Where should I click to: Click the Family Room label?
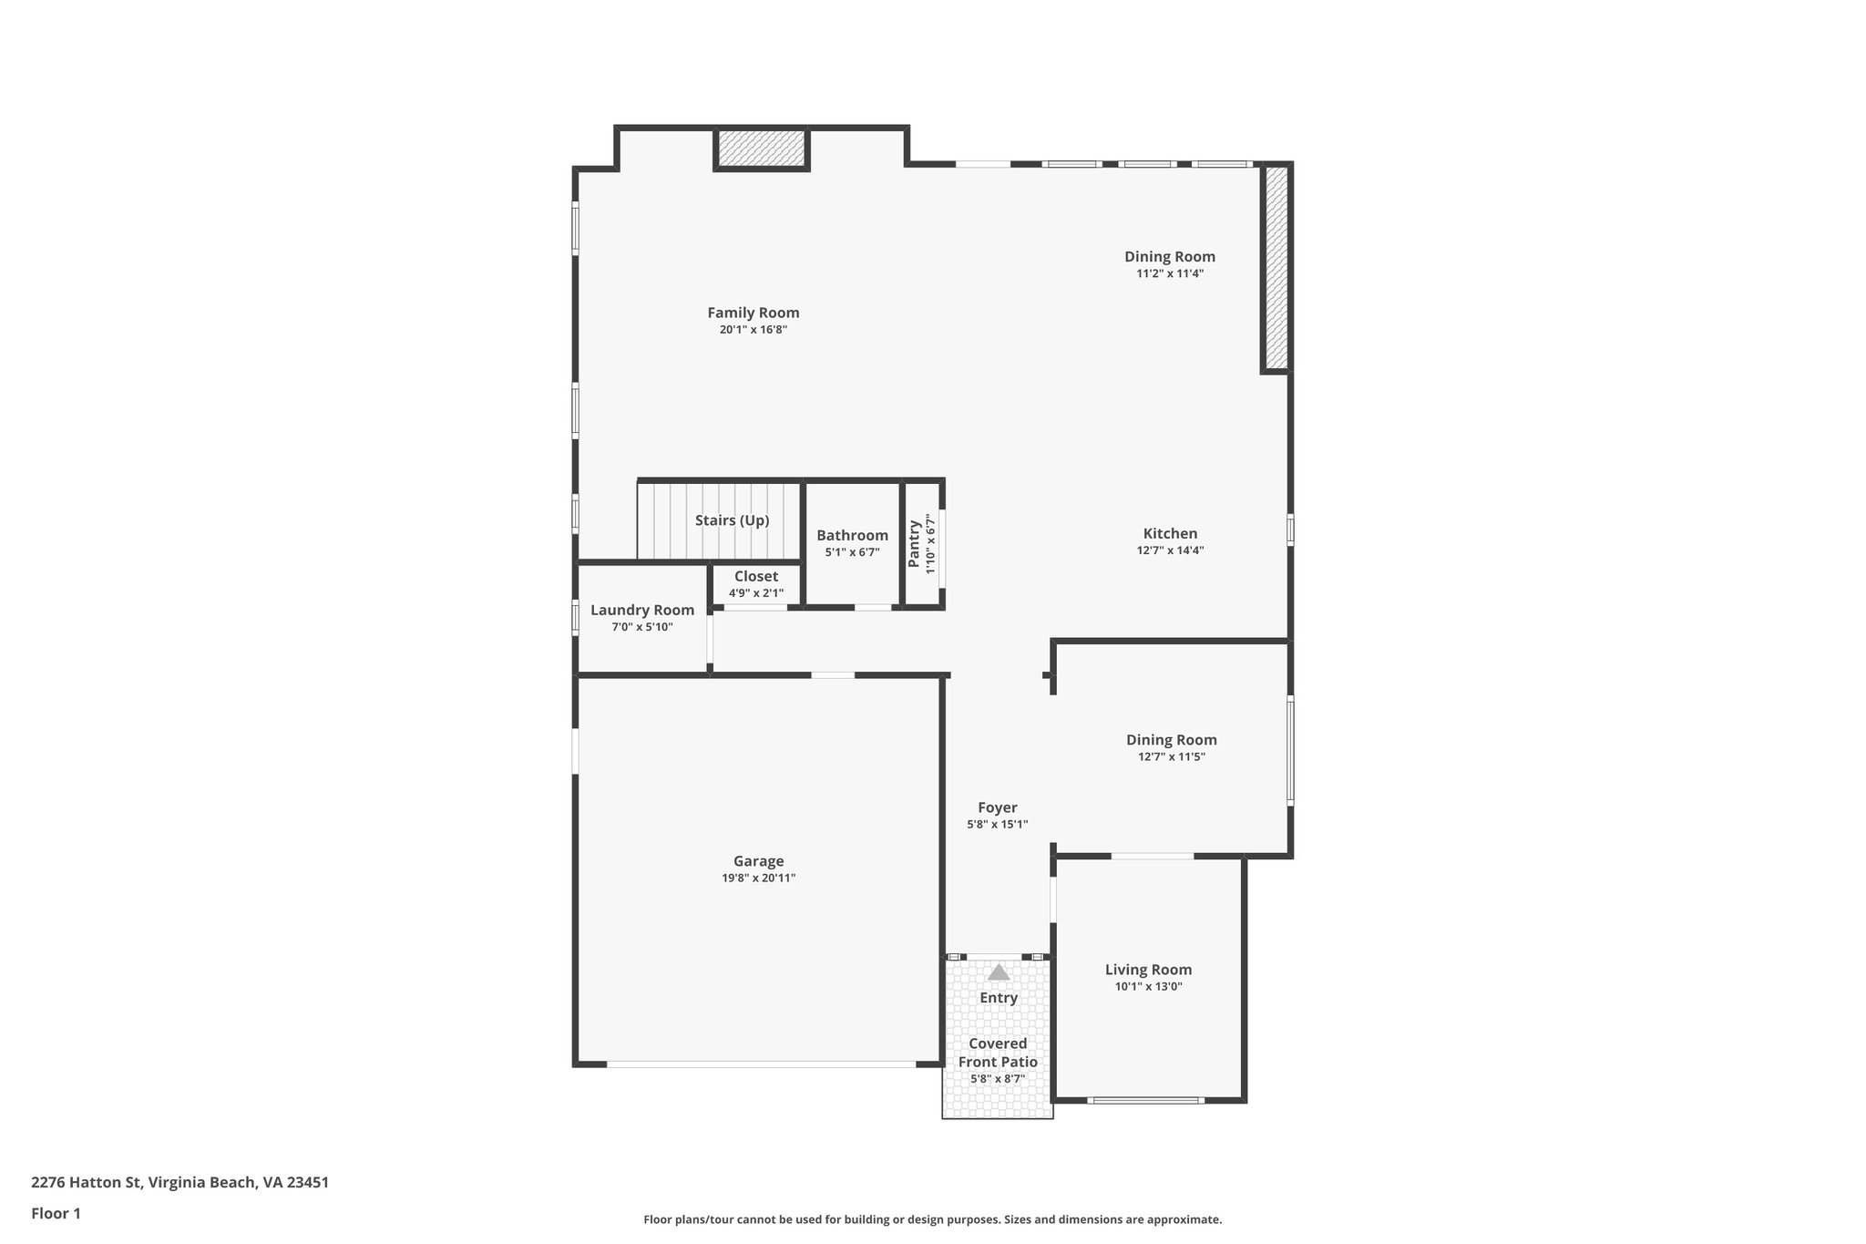(753, 313)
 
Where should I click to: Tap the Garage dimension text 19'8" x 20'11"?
(758, 879)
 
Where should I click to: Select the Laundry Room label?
(641, 611)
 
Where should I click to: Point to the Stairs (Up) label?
(732, 520)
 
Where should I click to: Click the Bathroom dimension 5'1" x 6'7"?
(852, 552)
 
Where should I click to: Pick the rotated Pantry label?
(914, 544)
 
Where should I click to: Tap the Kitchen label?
(1170, 534)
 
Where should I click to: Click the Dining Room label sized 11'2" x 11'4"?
(1169, 257)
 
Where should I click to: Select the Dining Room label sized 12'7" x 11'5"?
(1171, 740)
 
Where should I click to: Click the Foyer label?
(997, 807)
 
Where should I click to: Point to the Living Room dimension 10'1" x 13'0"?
(1148, 987)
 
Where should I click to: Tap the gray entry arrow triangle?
(999, 972)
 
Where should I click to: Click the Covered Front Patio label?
(998, 1053)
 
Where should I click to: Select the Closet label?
(756, 576)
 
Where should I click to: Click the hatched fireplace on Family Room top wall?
(761, 149)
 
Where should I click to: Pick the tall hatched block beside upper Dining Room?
(1276, 268)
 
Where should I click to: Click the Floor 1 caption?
(56, 1213)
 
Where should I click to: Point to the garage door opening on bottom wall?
(761, 1064)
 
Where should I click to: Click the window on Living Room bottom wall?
(1145, 1101)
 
